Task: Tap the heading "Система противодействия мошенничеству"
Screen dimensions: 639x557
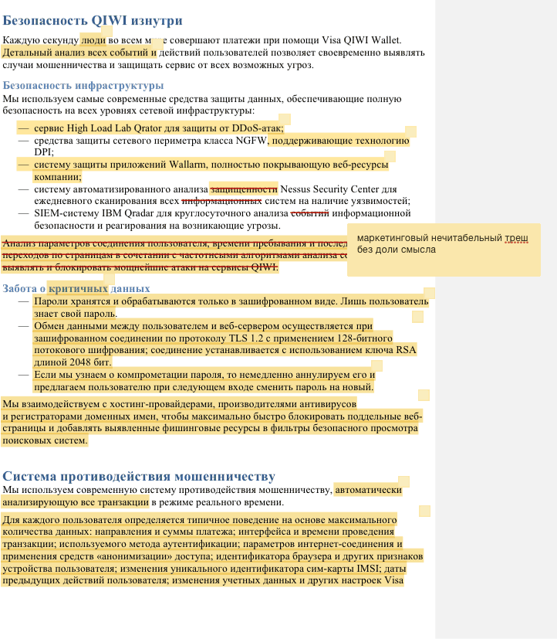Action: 139,476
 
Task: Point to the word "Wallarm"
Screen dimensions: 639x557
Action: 199,165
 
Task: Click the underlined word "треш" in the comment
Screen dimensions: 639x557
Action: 516,238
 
